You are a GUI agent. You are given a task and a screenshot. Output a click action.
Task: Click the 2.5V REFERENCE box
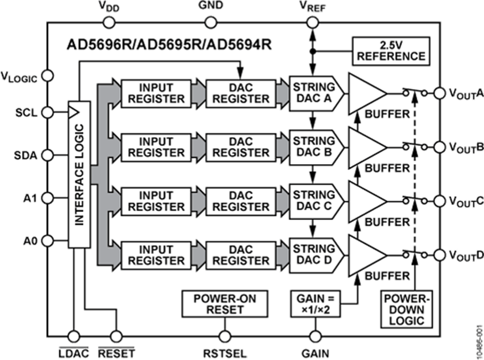391,50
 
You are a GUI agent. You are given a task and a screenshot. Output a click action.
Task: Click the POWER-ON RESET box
224,303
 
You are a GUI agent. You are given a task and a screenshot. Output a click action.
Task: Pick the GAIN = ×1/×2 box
316,303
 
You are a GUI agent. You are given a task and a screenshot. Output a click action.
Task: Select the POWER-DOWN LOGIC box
403,309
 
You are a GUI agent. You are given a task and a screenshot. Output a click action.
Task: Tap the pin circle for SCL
47,112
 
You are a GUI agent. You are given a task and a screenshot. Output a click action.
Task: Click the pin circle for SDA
47,155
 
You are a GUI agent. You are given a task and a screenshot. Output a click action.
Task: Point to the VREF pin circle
311,22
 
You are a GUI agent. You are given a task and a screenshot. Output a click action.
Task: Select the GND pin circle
211,22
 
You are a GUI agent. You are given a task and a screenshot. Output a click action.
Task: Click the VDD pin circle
108,22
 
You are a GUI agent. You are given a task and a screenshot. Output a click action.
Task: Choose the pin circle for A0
47,240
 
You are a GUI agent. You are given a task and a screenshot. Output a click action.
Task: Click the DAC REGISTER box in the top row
240,93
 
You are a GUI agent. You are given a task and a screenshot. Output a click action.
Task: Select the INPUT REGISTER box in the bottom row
155,255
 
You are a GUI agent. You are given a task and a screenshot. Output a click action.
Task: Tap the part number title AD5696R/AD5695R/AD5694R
169,44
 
